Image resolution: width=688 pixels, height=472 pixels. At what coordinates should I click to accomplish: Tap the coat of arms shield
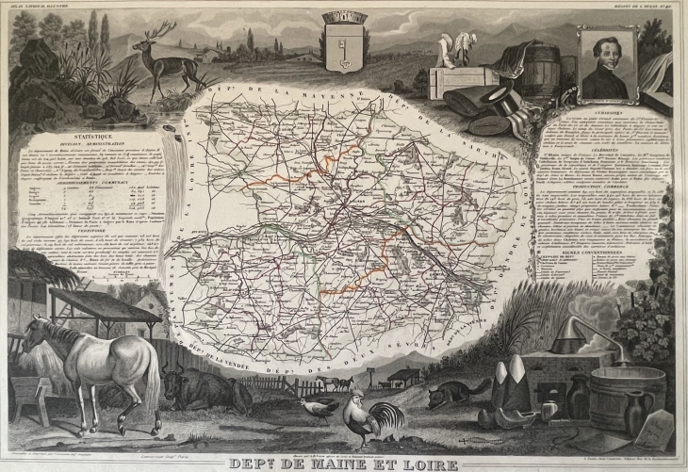click(x=340, y=39)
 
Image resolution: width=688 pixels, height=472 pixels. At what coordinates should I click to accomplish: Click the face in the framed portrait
click(x=605, y=64)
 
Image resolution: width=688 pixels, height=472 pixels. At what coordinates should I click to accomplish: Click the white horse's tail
click(x=152, y=377)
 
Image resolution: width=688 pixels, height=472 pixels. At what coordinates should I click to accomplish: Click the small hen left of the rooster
click(x=319, y=405)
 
